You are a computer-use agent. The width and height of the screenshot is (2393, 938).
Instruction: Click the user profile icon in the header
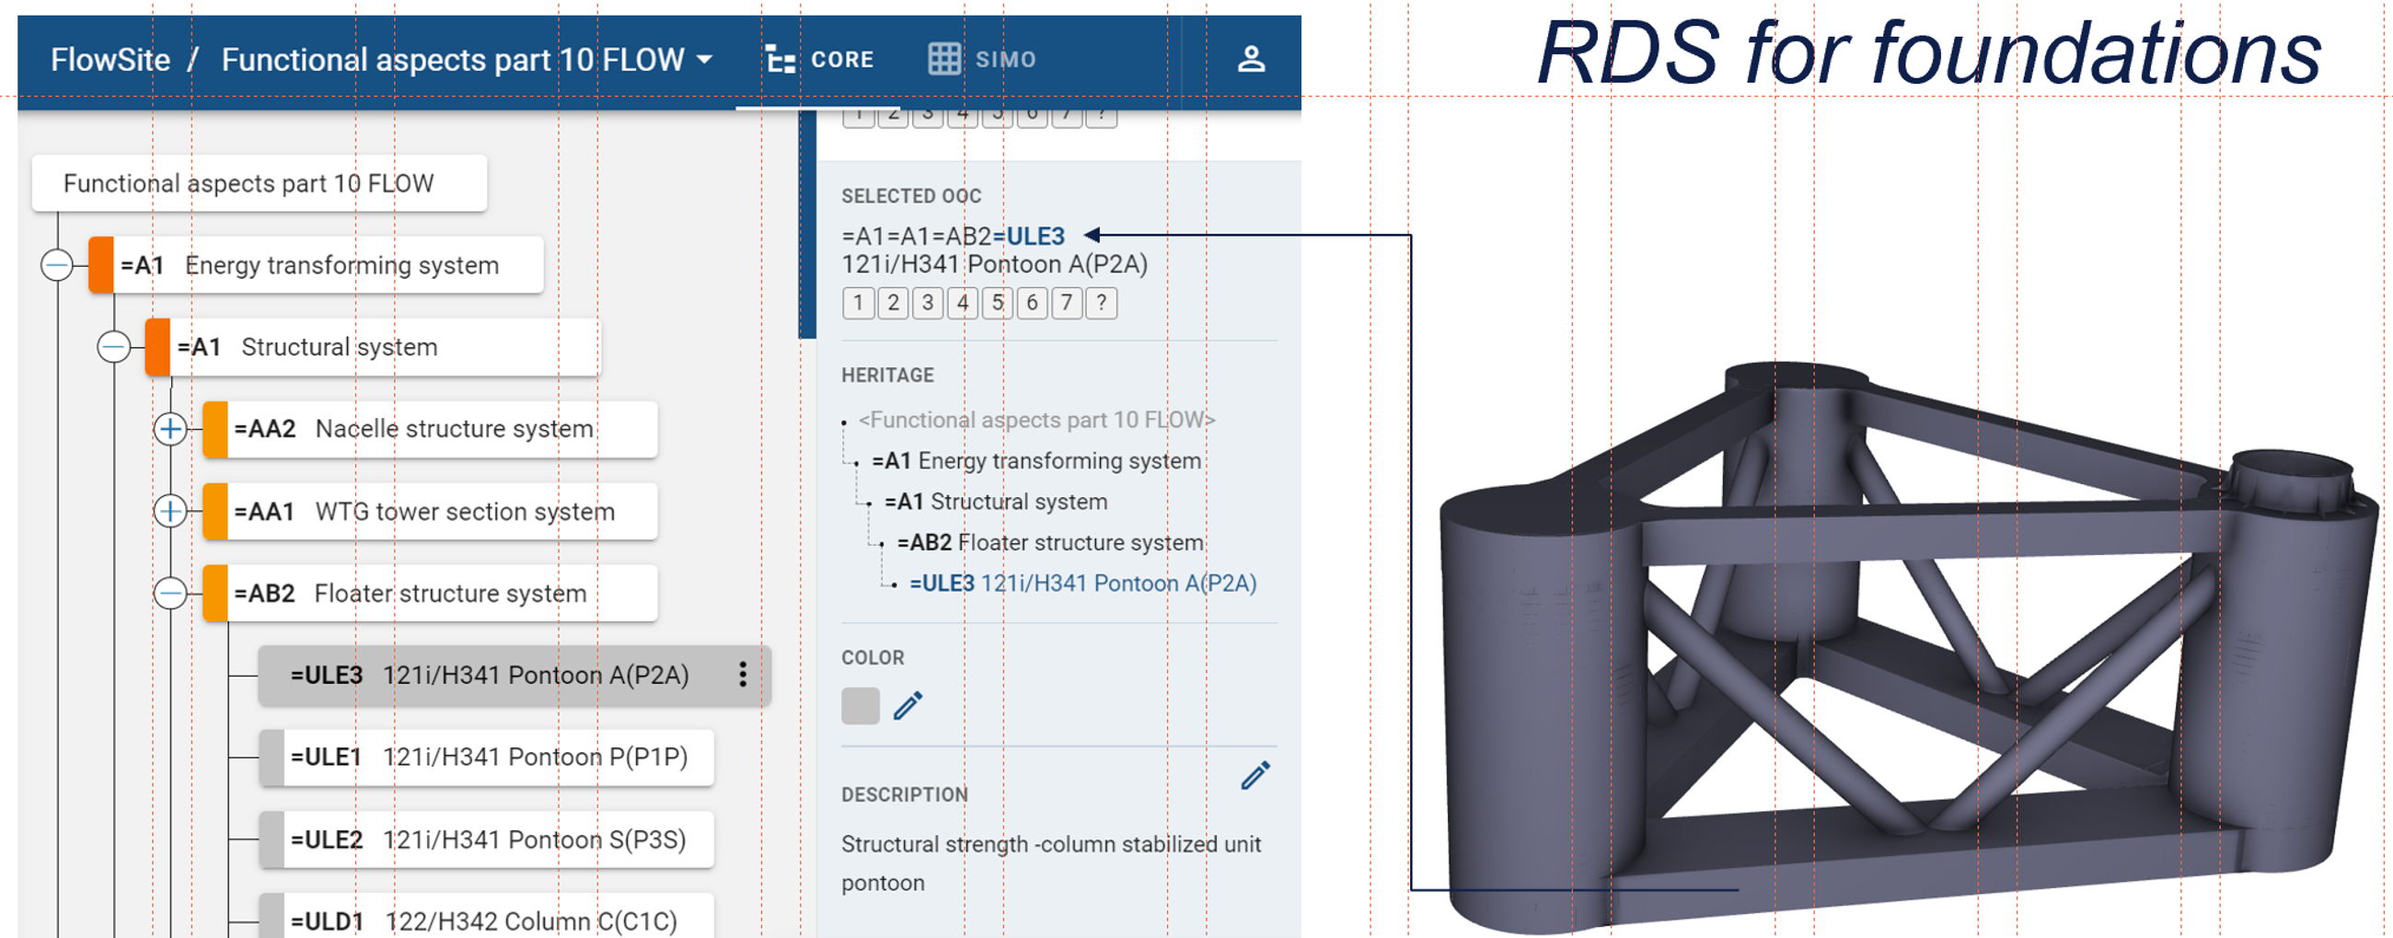pyautogui.click(x=1251, y=60)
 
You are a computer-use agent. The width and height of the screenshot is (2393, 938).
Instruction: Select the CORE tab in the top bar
pyautogui.click(x=819, y=60)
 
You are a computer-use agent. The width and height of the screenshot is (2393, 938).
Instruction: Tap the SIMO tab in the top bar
pyautogui.click(x=982, y=60)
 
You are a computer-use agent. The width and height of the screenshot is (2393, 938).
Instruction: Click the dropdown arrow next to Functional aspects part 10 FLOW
pyautogui.click(x=705, y=60)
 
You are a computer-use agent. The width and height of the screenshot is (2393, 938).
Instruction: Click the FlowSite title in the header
pyautogui.click(x=110, y=60)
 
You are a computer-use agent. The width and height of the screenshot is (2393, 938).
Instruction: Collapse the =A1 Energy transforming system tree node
pyautogui.click(x=57, y=266)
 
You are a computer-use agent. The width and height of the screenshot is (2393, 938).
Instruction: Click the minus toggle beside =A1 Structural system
pyautogui.click(x=113, y=347)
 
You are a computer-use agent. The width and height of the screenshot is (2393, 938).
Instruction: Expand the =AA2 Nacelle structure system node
pyautogui.click(x=170, y=429)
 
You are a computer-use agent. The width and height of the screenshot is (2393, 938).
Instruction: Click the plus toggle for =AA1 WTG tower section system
pyautogui.click(x=170, y=511)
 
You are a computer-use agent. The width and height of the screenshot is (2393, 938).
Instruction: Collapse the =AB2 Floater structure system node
pyautogui.click(x=170, y=593)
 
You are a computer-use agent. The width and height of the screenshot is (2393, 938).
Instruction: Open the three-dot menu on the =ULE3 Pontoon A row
pyautogui.click(x=742, y=674)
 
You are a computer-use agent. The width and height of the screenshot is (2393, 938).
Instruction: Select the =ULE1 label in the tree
pyautogui.click(x=326, y=757)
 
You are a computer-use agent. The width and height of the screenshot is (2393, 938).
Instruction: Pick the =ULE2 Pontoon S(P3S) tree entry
pyautogui.click(x=488, y=840)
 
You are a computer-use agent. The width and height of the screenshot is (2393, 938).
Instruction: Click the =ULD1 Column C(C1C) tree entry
pyautogui.click(x=483, y=921)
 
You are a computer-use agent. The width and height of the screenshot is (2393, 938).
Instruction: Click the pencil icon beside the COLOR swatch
pyautogui.click(x=907, y=706)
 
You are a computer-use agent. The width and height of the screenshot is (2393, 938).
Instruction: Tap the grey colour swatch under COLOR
pyautogui.click(x=861, y=706)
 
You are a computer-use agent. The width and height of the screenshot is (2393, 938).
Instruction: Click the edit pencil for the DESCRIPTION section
pyautogui.click(x=1255, y=775)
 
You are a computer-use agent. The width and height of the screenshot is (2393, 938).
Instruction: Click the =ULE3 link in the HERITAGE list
pyautogui.click(x=941, y=584)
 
